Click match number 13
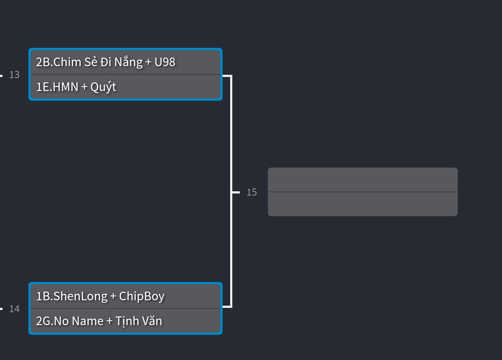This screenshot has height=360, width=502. (14, 75)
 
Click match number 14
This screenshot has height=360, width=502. (14, 309)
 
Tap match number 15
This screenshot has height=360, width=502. (252, 192)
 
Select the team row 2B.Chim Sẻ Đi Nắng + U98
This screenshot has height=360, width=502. (125, 62)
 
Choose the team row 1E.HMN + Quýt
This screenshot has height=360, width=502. (125, 87)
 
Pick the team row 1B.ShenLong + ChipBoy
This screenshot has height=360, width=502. (125, 296)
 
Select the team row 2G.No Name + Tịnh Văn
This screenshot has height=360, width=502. (125, 321)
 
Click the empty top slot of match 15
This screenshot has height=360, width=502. (362, 180)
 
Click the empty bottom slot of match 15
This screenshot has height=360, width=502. (362, 204)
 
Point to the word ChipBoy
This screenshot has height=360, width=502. (142, 296)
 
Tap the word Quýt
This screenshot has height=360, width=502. (103, 87)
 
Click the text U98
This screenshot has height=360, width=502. (165, 62)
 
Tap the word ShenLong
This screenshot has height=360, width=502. (81, 296)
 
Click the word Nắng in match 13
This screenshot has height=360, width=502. (128, 62)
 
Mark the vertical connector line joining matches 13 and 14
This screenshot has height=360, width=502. (231, 144)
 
